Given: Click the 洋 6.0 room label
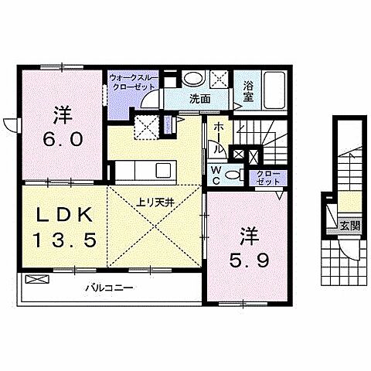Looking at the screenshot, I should [62, 130].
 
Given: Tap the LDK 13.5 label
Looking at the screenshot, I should [65, 227].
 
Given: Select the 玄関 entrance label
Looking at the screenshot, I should [349, 226].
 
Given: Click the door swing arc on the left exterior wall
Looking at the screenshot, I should [10, 124].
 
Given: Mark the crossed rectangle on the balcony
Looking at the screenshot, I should [35, 278].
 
